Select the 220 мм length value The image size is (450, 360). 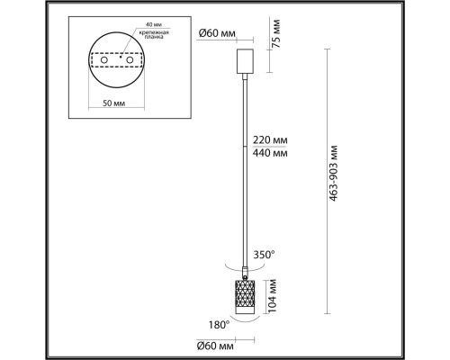[270, 140]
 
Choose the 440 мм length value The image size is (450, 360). [270, 154]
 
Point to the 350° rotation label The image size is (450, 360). [265, 254]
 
